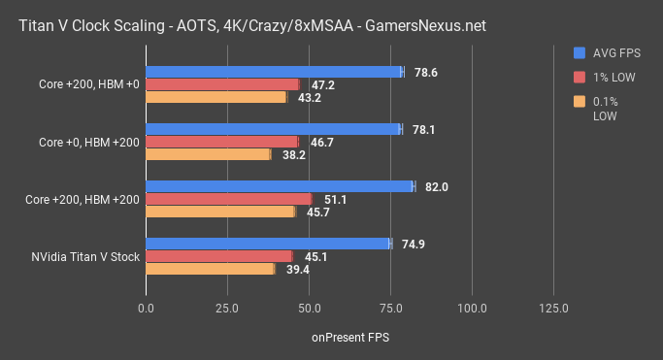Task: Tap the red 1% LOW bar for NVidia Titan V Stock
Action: tap(219, 256)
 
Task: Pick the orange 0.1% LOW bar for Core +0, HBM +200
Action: tap(209, 154)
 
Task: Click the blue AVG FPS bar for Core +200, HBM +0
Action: tap(275, 72)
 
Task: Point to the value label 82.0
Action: tap(433, 186)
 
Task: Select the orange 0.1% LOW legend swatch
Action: tap(580, 100)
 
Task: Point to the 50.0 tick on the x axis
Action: tap(310, 308)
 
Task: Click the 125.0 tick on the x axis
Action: tap(553, 308)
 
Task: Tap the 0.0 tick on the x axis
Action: tap(147, 308)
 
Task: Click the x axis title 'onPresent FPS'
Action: tap(349, 337)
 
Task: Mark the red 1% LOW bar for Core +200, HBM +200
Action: tap(229, 199)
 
